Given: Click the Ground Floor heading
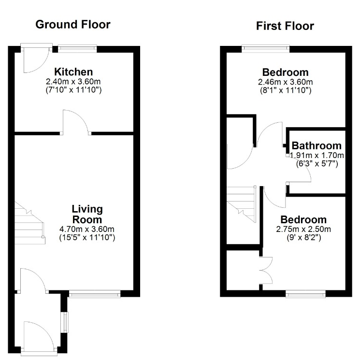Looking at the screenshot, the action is (73, 24).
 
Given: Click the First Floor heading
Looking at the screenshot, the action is (285, 26).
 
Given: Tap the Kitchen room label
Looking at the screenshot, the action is (73, 72).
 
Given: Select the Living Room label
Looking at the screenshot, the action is (87, 214).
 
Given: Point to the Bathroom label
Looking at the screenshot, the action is (317, 145).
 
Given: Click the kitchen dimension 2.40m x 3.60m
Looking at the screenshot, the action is (73, 82).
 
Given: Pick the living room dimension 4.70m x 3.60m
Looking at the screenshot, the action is (87, 229).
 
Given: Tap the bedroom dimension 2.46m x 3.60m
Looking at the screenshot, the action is (286, 82).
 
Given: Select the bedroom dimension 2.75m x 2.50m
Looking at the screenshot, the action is (303, 229).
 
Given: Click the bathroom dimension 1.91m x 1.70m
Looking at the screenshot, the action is (317, 156).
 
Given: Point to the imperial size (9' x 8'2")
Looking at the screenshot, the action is (304, 238).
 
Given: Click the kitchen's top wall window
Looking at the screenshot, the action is (77, 48).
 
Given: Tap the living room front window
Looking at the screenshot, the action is (95, 294).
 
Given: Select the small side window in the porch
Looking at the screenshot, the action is (65, 322).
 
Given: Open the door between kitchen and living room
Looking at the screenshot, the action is (76, 122).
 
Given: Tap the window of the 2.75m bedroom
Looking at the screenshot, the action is (305, 294).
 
